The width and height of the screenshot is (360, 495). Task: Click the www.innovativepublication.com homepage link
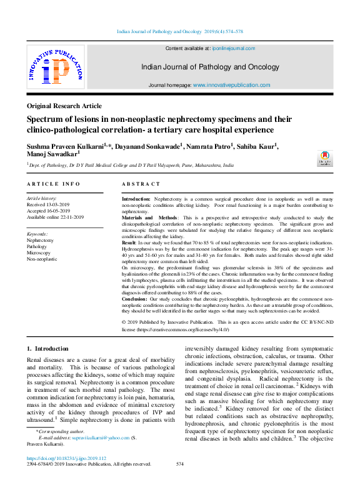pyautogui.click(x=231, y=85)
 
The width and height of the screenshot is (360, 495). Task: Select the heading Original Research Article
pyautogui.click(x=65, y=106)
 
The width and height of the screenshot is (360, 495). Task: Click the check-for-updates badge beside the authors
pyautogui.click(x=324, y=158)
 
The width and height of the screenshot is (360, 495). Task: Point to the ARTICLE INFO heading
pyautogui.click(x=53, y=184)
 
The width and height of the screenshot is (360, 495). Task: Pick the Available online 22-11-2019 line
pyautogui.click(x=55, y=217)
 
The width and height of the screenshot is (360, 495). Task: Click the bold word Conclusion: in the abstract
pyautogui.click(x=138, y=299)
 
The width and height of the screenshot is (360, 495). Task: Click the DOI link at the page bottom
pyautogui.click(x=67, y=458)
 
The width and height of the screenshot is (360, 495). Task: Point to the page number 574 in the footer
pyautogui.click(x=180, y=464)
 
